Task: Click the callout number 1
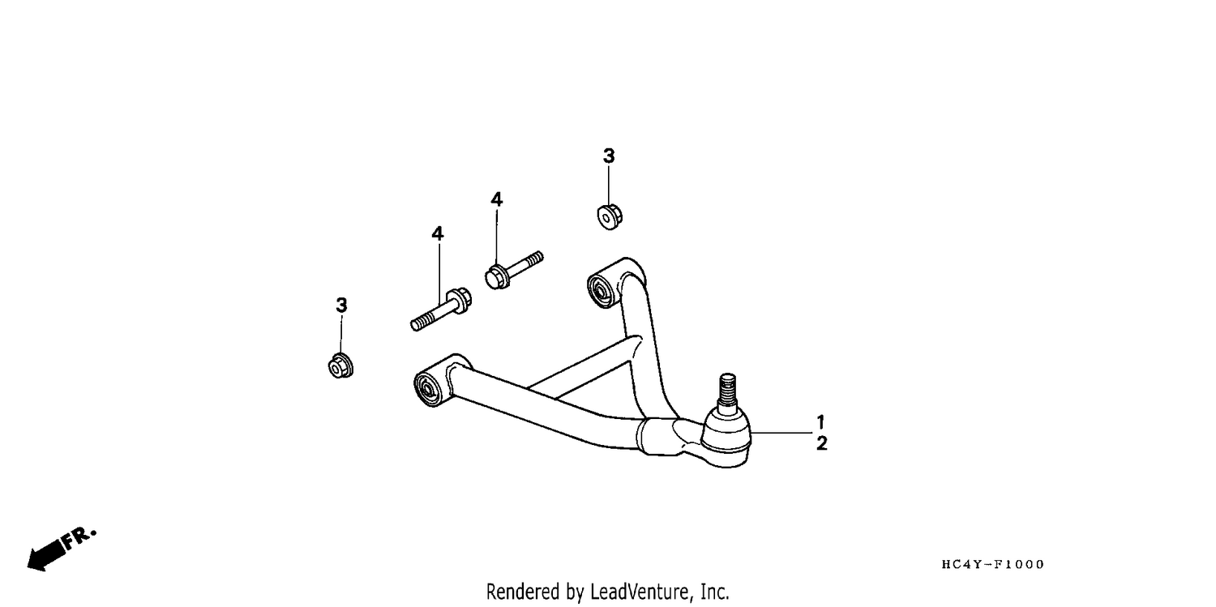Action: (820, 421)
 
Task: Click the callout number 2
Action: (822, 443)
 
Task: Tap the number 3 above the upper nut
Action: (609, 156)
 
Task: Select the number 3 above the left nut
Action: (341, 305)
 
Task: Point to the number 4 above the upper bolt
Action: (497, 199)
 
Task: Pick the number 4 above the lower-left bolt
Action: (438, 233)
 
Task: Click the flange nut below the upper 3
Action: (609, 217)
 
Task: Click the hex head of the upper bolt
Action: (496, 277)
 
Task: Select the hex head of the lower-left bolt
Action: (460, 300)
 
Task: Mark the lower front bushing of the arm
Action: (428, 388)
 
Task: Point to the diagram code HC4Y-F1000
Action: (993, 565)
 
